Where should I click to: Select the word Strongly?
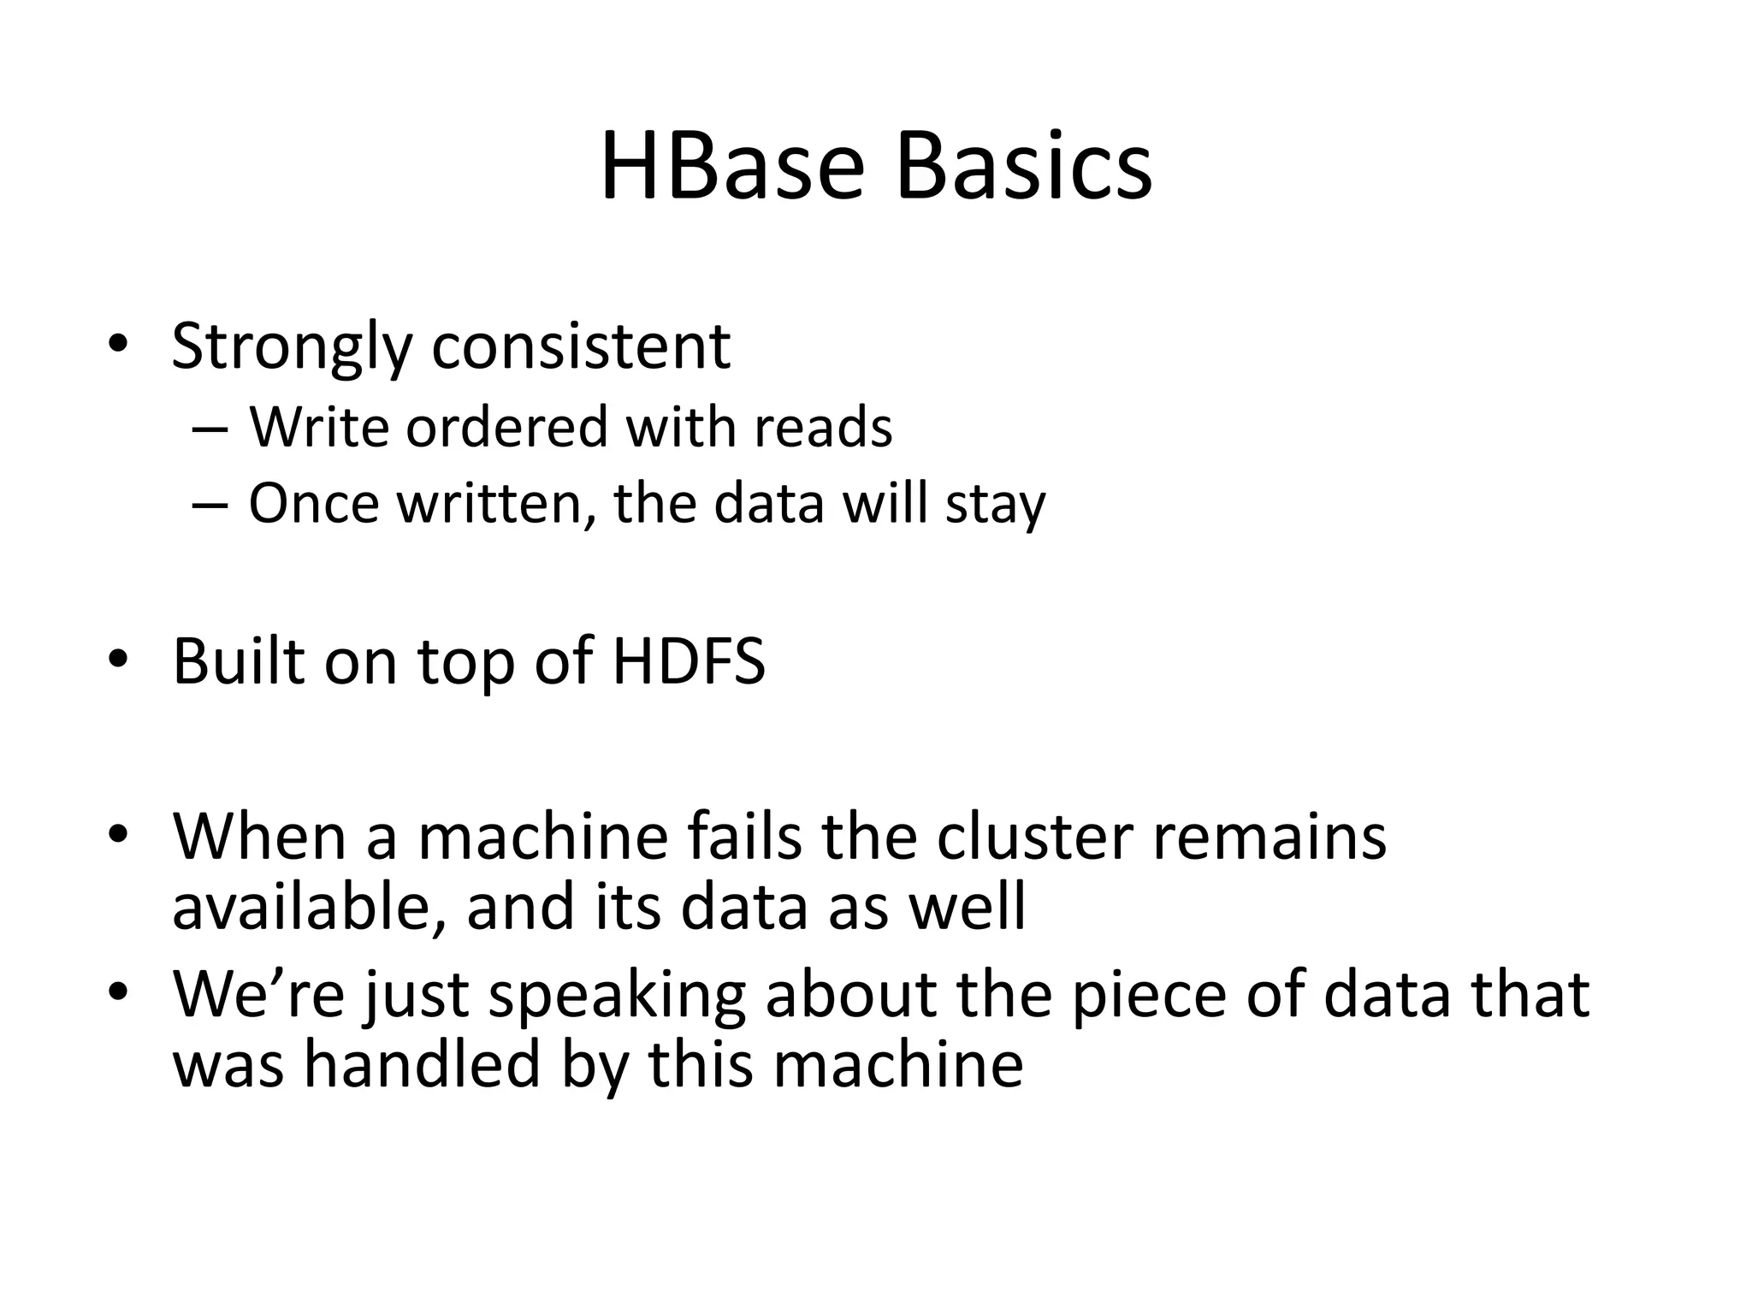point(292,346)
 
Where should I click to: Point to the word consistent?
point(581,346)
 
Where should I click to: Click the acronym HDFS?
point(689,661)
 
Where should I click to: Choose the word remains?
point(1270,836)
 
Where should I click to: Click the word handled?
point(423,1065)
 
